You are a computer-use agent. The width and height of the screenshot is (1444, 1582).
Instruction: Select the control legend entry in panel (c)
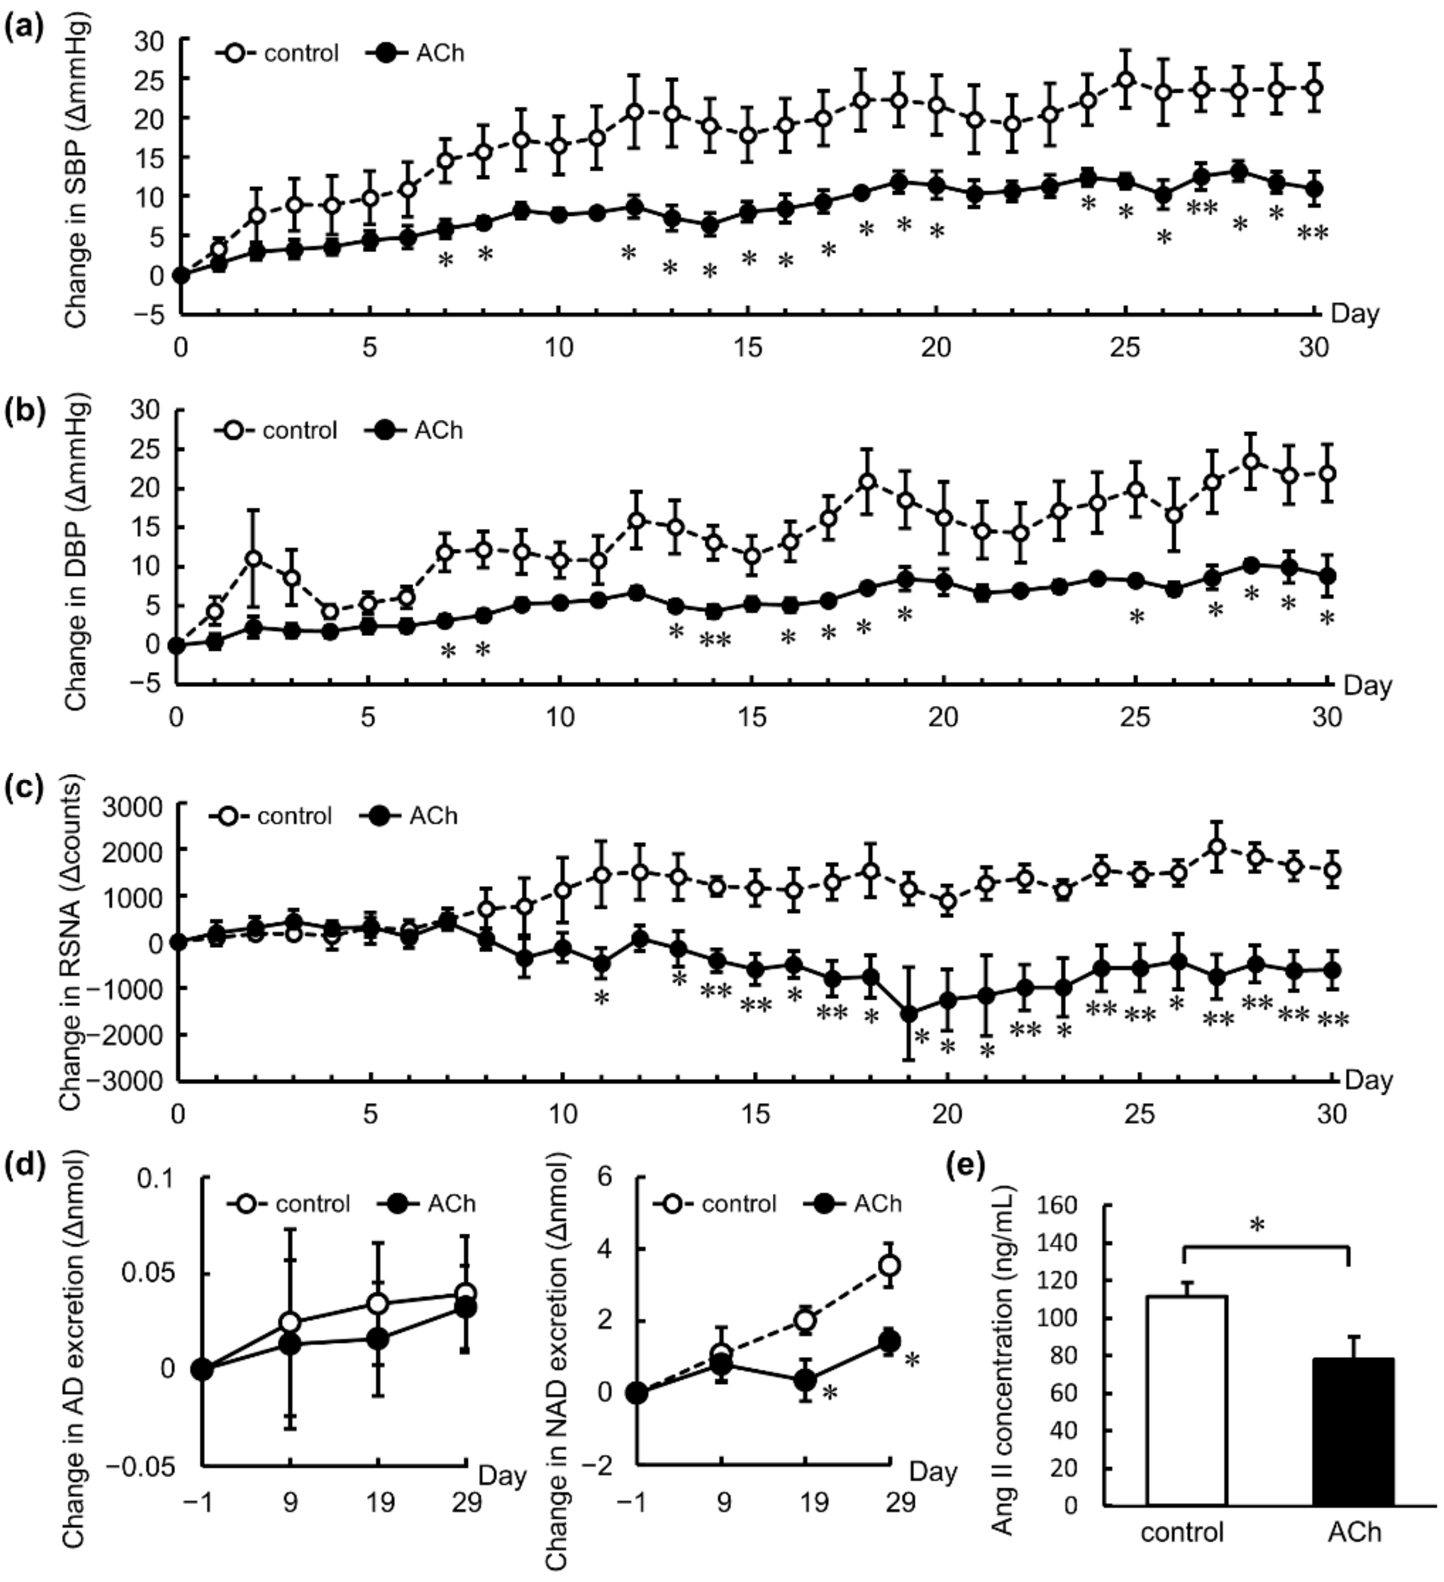coord(271,816)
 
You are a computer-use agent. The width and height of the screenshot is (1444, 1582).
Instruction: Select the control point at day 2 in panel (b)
coord(253,559)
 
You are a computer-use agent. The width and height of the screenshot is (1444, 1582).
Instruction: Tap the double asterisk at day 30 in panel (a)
coord(1311,233)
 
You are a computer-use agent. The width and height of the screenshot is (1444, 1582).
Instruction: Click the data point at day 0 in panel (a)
coord(181,275)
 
